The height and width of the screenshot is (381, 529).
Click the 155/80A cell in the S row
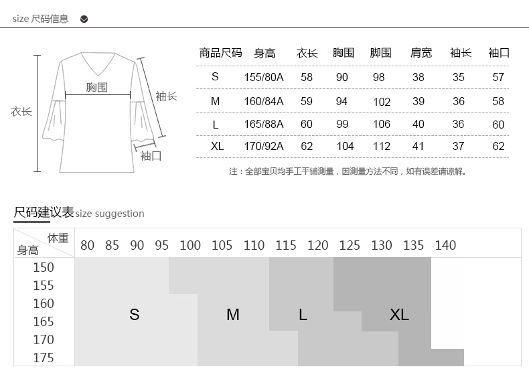point(264,78)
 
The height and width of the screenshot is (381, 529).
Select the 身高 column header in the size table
point(264,54)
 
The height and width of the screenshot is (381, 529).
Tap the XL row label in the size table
point(216,147)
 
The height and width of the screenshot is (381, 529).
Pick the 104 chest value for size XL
point(345,147)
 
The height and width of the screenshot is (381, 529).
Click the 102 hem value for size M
point(382,102)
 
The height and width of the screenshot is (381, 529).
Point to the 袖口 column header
point(499,54)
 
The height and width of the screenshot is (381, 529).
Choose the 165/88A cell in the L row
point(264,125)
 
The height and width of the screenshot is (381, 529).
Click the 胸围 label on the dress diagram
point(97,88)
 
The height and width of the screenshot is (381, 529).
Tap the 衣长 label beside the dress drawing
point(21,112)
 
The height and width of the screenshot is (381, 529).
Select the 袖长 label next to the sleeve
point(166,96)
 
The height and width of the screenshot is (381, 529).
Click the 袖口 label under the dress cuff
point(151,156)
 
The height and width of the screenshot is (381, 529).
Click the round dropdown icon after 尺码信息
point(84,19)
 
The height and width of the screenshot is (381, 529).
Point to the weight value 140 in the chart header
point(445,246)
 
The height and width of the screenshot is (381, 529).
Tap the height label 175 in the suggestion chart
point(44,358)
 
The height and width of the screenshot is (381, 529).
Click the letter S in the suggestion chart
point(135,315)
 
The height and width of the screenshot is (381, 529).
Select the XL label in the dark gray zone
point(399,315)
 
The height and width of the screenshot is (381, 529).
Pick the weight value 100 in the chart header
point(190,246)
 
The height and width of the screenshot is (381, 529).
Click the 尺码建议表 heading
point(44,213)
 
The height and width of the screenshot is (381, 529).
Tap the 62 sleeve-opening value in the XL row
point(498,147)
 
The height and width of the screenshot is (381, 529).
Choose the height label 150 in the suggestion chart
point(44,267)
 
